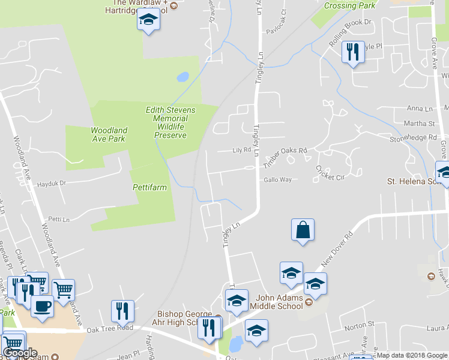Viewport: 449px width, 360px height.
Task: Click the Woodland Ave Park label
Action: pos(109,134)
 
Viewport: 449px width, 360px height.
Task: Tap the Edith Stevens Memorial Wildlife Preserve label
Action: pos(166,122)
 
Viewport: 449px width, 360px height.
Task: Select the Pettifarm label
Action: pos(149,188)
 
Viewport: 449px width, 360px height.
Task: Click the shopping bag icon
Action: pos(303,230)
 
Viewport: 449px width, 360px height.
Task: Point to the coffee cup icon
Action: pos(42,305)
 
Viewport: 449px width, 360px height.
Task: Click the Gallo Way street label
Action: pos(277,179)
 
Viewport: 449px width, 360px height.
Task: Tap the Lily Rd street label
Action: pos(241,151)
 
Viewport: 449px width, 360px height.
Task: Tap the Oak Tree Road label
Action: pos(109,328)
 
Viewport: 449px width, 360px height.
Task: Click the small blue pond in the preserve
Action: pos(182,77)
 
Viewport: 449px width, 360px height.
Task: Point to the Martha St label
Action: pos(421,124)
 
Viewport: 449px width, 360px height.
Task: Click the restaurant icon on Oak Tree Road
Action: pos(122,311)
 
